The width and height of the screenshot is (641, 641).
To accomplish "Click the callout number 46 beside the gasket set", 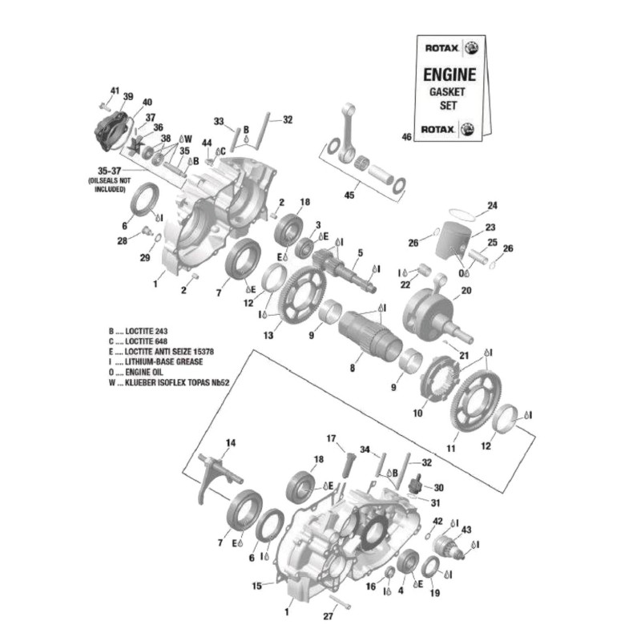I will tap(406, 137).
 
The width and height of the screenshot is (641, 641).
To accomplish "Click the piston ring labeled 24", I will tap(462, 214).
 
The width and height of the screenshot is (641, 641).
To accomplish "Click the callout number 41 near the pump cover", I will tap(114, 90).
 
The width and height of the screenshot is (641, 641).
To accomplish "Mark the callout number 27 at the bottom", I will tap(327, 616).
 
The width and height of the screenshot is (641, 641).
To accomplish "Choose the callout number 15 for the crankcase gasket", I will tap(257, 586).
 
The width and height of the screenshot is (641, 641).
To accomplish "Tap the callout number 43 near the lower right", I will tap(466, 530).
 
